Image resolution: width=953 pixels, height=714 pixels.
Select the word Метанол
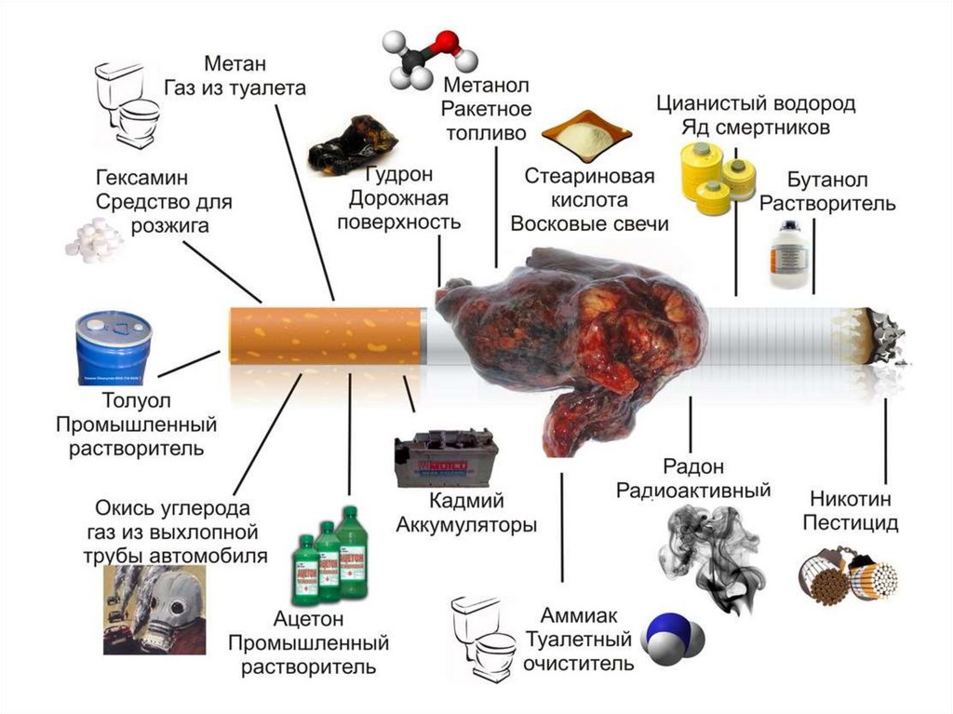479,87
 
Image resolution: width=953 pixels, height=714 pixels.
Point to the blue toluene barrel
113,348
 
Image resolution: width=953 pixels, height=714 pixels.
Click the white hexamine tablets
94,238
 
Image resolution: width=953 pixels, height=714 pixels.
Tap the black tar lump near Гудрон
352,144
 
